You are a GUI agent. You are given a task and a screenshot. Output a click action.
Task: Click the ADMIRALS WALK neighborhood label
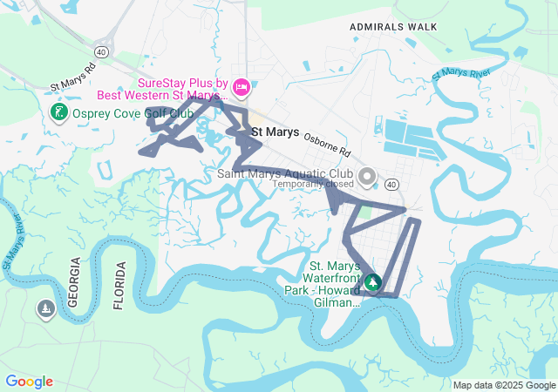(393, 27)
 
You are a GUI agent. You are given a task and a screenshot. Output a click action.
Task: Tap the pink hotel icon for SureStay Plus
(242, 85)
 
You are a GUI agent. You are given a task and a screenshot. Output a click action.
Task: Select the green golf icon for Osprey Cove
(58, 112)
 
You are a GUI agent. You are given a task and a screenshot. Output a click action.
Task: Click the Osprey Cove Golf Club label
(133, 113)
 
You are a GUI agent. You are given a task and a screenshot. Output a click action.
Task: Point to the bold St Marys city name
(275, 132)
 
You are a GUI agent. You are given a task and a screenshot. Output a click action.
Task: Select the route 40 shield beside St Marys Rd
(103, 52)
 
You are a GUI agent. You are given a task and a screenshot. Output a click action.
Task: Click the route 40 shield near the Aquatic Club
(391, 184)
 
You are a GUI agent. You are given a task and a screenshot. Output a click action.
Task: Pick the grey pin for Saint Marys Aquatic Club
(367, 177)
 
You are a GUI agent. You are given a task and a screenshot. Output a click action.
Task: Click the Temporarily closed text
(313, 184)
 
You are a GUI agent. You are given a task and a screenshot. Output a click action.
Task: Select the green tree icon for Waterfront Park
(372, 282)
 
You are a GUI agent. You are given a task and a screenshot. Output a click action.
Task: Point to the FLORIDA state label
(119, 285)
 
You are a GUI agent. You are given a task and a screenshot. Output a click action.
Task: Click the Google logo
(30, 382)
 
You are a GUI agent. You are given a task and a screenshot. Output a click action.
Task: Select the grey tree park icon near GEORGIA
(45, 309)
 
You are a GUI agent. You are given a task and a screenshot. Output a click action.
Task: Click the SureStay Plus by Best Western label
(183, 90)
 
